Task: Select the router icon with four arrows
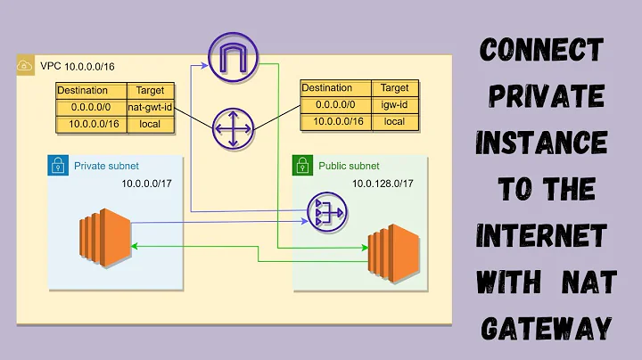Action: (x=232, y=130)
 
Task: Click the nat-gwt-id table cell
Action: (x=150, y=107)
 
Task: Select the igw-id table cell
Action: (x=394, y=105)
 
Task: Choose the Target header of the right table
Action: (x=394, y=88)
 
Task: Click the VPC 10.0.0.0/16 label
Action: (x=66, y=67)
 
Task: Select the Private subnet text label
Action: (x=106, y=166)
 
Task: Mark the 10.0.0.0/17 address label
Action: (x=149, y=184)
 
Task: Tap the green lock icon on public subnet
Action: (x=302, y=166)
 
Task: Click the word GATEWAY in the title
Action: (x=547, y=329)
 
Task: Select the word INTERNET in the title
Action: (x=541, y=236)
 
